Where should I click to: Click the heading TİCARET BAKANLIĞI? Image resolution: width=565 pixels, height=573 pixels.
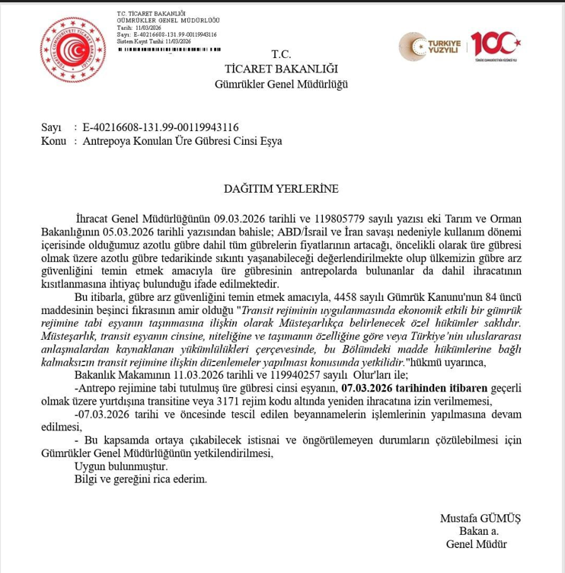[x=281, y=69]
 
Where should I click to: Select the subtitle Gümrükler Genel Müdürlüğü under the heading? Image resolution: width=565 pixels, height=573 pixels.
[x=281, y=84]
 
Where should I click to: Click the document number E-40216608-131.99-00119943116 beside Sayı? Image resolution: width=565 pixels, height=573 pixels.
[x=160, y=127]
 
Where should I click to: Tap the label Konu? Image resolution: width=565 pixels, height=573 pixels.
[x=54, y=141]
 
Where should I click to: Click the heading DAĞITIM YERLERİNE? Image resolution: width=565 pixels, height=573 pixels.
[x=281, y=188]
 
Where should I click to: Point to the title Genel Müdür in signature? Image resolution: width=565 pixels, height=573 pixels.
[x=476, y=544]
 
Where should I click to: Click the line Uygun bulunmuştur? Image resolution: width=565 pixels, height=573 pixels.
[x=120, y=466]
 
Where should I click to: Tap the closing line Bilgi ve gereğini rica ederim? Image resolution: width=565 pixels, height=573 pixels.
[x=140, y=479]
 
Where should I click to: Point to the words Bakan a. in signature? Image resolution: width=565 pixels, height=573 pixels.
[x=479, y=531]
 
